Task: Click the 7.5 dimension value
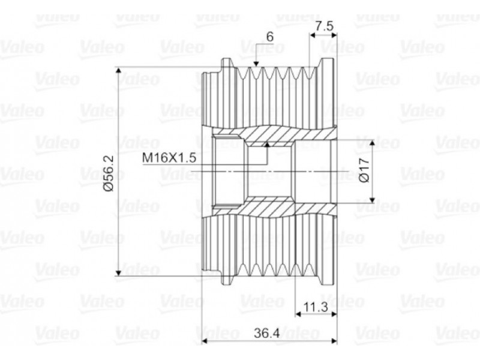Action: pos(324,26)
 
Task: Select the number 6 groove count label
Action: pos(269,37)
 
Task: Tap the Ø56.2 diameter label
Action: pos(109,173)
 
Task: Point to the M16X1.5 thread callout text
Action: pos(169,158)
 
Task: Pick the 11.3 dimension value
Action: pos(316,306)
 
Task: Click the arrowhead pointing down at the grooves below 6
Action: pos(256,63)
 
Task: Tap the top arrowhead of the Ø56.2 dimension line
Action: pos(119,70)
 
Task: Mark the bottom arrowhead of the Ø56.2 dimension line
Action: pos(119,272)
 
